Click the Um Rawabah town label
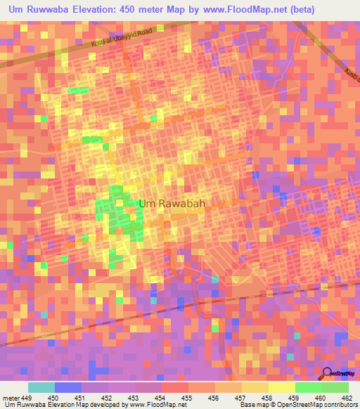(x=172, y=204)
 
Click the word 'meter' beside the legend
(x=10, y=398)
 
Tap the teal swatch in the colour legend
(x=41, y=387)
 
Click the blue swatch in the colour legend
(x=67, y=387)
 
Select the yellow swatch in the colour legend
(x=281, y=387)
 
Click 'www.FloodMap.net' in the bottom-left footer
(x=152, y=405)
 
